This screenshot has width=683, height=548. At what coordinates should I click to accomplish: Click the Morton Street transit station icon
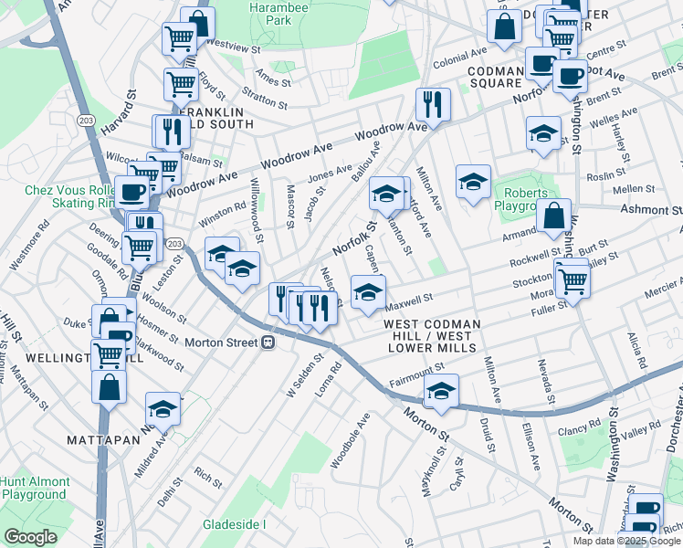(268, 342)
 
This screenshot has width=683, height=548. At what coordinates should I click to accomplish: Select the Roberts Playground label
(522, 200)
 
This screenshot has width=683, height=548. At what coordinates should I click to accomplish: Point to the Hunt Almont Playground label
(35, 488)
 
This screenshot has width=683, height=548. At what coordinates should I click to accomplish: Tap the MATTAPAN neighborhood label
(102, 439)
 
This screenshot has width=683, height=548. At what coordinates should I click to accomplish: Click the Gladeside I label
(234, 524)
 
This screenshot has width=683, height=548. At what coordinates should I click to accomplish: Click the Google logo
(29, 536)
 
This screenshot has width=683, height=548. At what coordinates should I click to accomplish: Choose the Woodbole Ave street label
(351, 441)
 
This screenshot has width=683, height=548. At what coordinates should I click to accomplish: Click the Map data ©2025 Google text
(626, 540)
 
